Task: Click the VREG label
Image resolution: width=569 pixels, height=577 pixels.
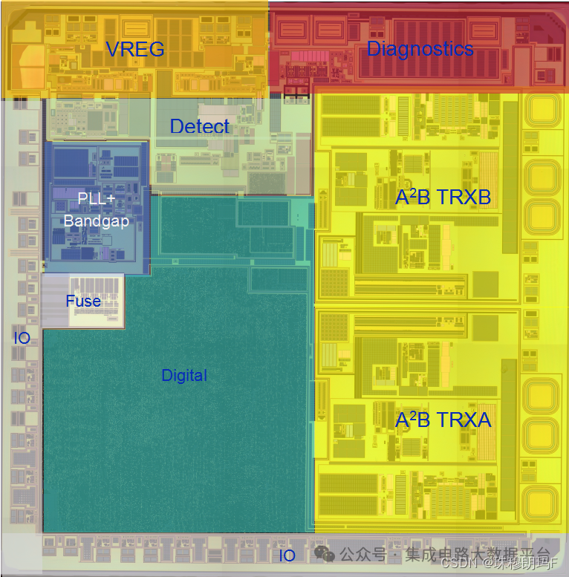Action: tap(134, 50)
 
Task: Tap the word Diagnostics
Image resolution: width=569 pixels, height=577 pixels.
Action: tap(420, 49)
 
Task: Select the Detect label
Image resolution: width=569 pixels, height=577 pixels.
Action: tap(200, 127)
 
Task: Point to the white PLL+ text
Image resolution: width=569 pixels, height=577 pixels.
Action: tap(97, 199)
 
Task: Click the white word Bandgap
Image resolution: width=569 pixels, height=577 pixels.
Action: tap(96, 221)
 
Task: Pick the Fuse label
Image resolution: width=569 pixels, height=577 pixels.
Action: tap(83, 301)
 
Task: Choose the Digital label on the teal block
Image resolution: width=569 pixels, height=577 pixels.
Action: tap(184, 376)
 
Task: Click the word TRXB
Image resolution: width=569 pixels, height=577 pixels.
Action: tap(464, 198)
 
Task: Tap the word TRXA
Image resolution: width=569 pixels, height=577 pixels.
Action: tap(464, 420)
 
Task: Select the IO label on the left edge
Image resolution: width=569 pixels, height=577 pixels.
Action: tap(22, 339)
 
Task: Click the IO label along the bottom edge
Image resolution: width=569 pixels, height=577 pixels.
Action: tap(287, 555)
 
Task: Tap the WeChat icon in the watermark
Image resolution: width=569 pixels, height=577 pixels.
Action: tap(323, 553)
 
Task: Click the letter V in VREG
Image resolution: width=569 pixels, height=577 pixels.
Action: tap(113, 50)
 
